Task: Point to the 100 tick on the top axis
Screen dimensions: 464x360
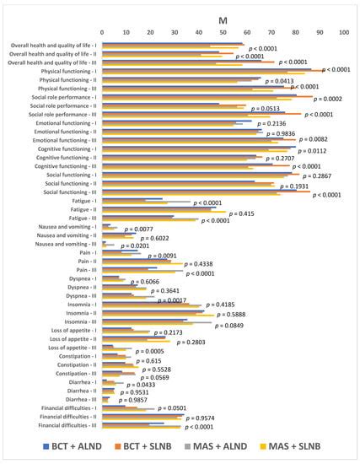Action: click(343, 32)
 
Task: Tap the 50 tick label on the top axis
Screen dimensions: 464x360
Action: click(223, 32)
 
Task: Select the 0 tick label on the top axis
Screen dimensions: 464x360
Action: click(102, 32)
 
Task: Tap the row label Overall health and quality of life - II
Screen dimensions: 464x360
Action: click(51, 53)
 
